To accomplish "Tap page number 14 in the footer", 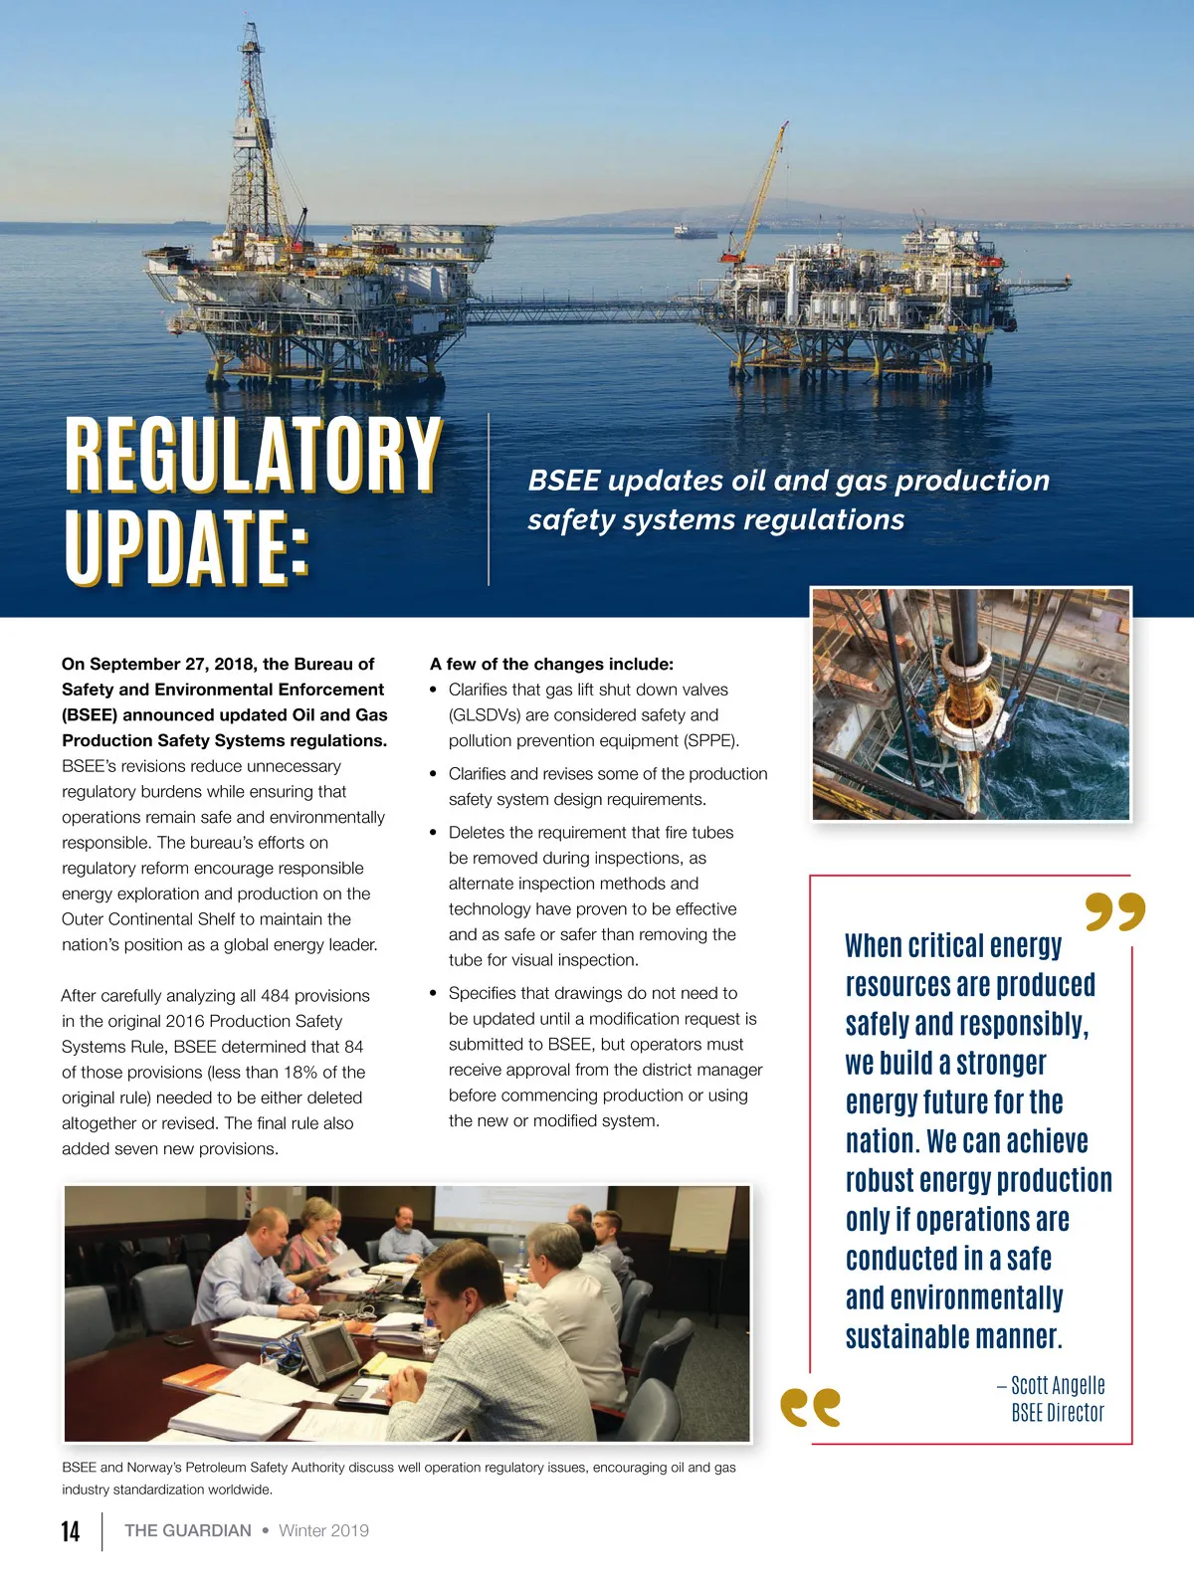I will [71, 1530].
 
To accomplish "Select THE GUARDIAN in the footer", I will [188, 1530].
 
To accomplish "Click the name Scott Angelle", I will [1058, 1385].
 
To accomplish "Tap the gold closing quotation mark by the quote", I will [1115, 911].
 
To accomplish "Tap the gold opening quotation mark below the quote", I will [811, 1407].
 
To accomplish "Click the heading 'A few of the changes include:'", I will [551, 664].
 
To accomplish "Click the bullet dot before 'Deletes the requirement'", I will [434, 832].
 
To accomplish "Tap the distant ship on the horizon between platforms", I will [695, 232].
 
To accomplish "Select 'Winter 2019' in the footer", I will [323, 1530].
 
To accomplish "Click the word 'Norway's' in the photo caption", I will [156, 1467].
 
